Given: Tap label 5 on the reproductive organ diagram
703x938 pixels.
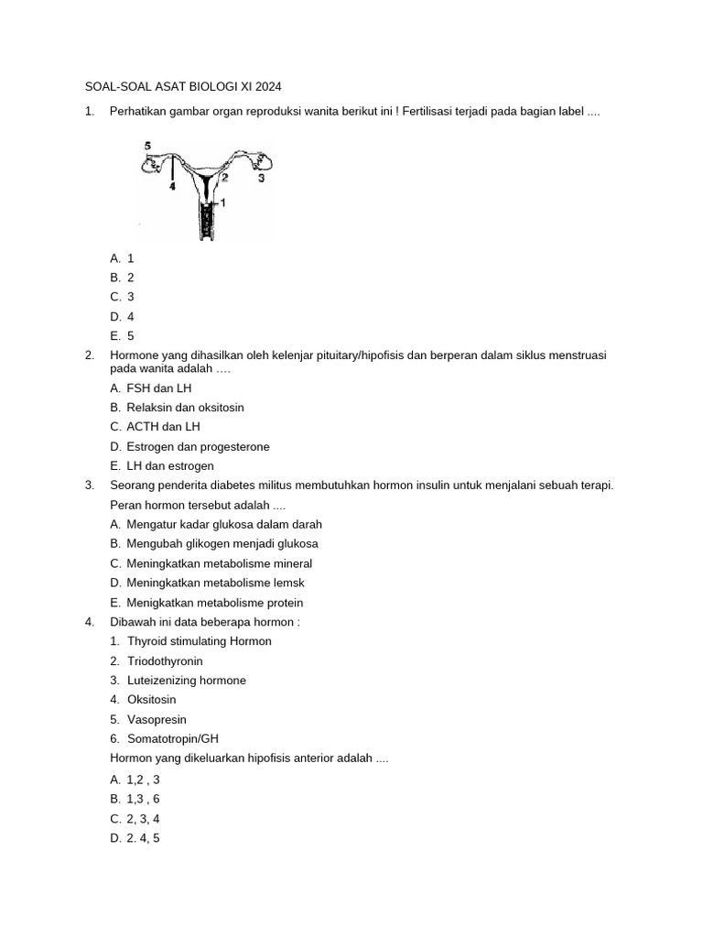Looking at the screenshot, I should click(x=148, y=146).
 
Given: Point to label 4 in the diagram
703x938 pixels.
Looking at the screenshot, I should click(x=172, y=186).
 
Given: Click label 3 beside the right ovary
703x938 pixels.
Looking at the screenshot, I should click(x=261, y=179).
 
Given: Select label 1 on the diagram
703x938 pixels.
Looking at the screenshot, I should click(x=222, y=202).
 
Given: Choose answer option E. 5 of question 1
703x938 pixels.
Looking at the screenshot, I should click(x=123, y=336).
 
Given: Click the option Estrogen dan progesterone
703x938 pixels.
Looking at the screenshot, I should click(x=199, y=447).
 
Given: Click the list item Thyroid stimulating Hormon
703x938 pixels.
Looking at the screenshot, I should click(x=200, y=641).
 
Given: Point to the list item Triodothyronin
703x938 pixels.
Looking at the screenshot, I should click(x=165, y=661).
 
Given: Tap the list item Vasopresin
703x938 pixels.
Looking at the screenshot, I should click(x=157, y=720).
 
